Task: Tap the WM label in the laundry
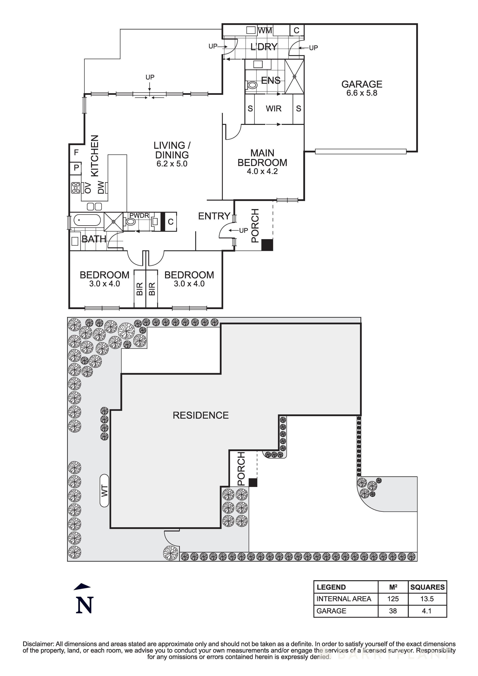click(265, 30)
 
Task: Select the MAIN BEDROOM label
click(262, 158)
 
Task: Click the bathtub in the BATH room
click(87, 220)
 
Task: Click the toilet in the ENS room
click(252, 85)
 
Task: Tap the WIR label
click(274, 109)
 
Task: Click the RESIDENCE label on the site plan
click(201, 415)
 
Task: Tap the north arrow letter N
click(84, 605)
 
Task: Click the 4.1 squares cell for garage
click(427, 611)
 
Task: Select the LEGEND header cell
click(331, 587)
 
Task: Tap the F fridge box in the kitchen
click(76, 152)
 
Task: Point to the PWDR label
click(139, 215)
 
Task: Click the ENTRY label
click(214, 216)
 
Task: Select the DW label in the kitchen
click(101, 187)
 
